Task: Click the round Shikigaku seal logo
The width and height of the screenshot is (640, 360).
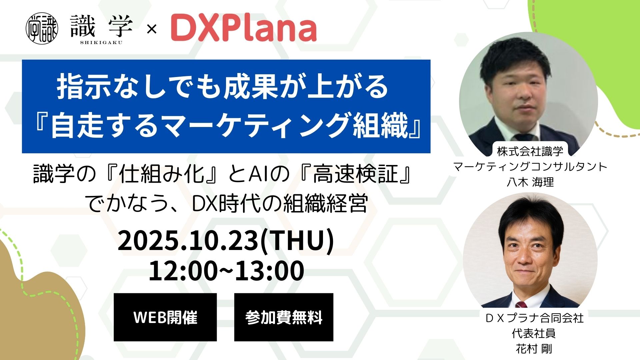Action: coord(42,29)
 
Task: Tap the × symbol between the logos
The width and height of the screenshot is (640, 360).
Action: coord(152,30)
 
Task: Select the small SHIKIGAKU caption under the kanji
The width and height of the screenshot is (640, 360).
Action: coord(101,42)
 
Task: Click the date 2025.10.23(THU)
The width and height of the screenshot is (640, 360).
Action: coord(226,240)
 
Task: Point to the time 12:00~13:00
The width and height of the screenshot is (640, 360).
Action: coord(226,271)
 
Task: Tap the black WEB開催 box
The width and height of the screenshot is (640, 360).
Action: coord(165,317)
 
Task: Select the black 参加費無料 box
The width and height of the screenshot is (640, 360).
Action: coord(284,317)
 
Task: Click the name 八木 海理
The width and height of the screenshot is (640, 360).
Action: coord(530,182)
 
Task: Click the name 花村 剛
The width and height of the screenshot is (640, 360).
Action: coord(534,349)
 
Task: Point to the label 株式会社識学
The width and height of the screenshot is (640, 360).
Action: coord(530,151)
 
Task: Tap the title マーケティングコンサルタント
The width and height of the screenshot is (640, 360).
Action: coord(530,167)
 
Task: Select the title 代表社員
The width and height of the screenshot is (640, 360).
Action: coord(534,333)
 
